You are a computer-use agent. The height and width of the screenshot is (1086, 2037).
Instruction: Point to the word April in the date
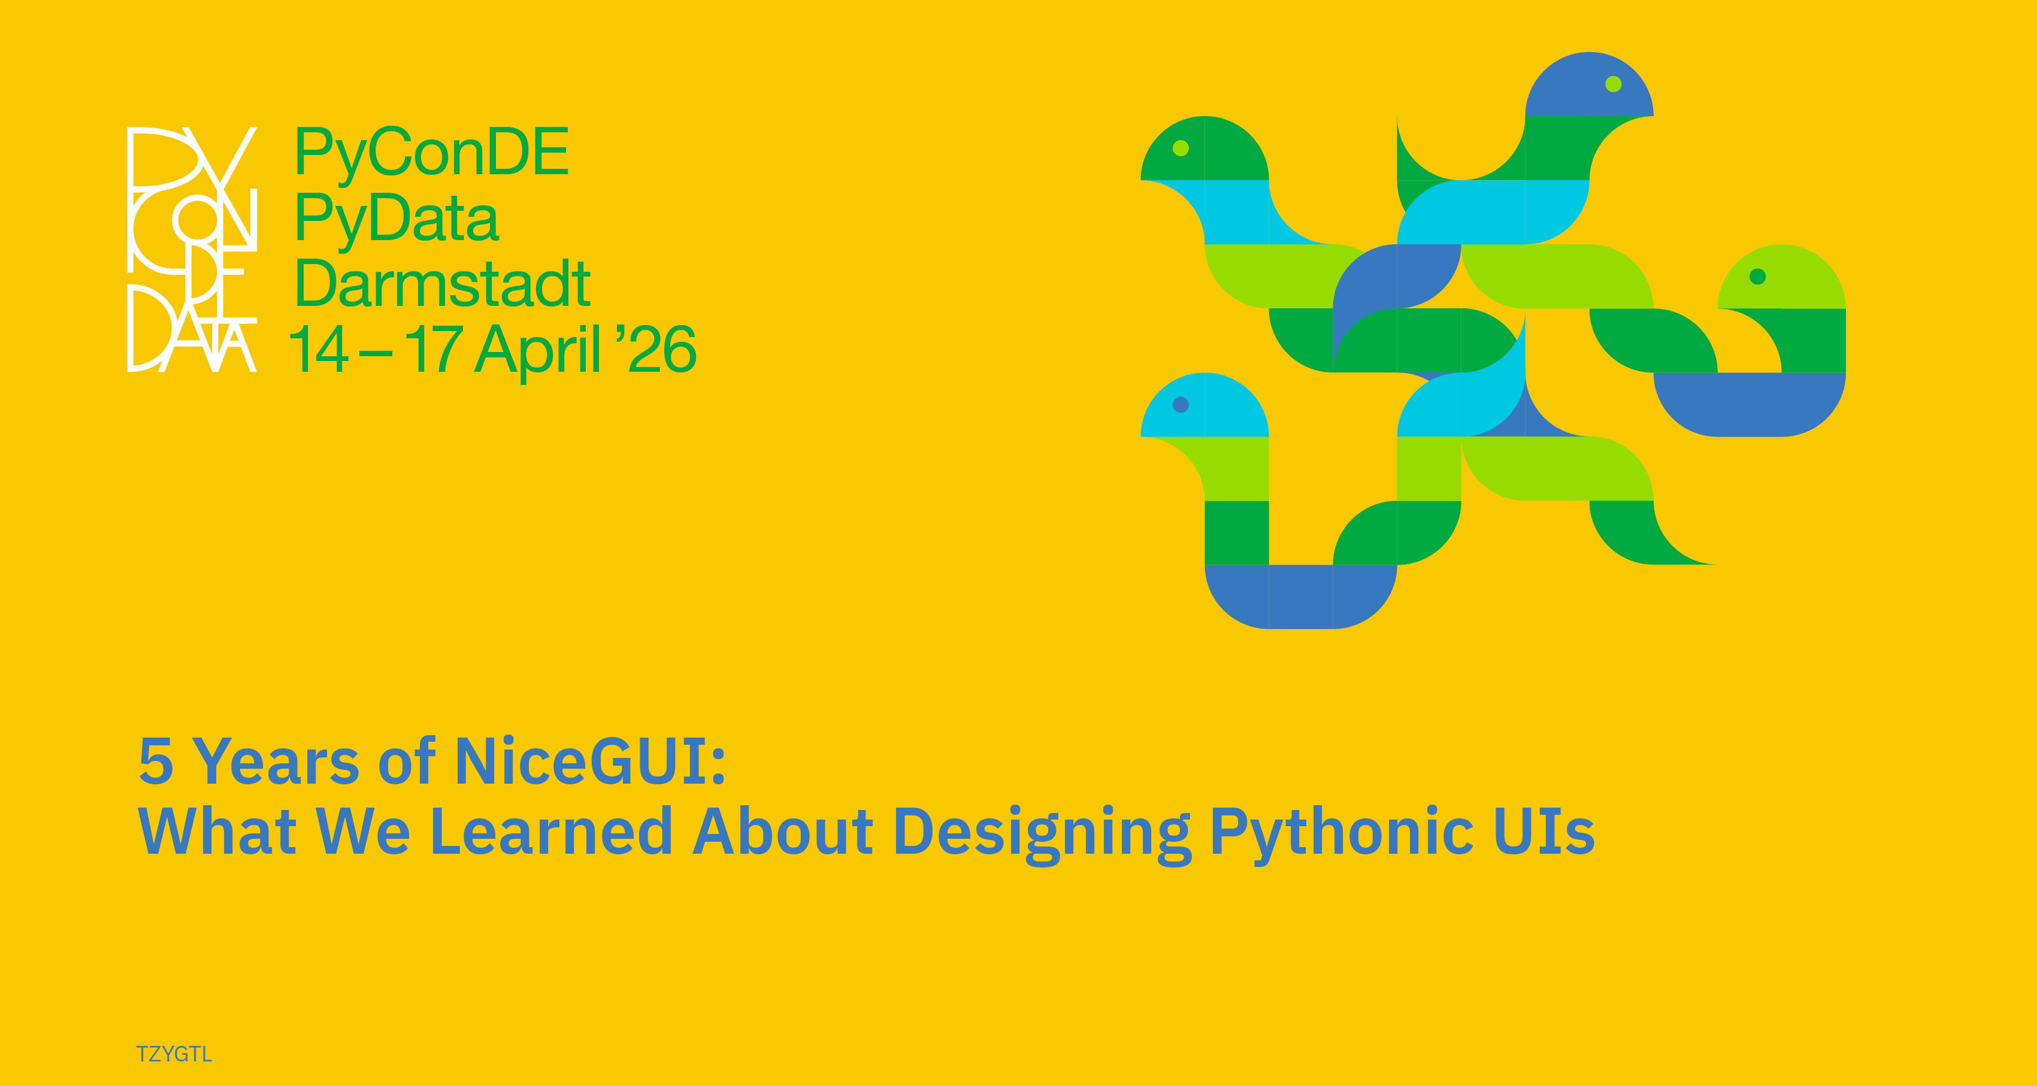(x=538, y=350)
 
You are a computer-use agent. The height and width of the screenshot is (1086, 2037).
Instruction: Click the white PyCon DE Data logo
(x=192, y=249)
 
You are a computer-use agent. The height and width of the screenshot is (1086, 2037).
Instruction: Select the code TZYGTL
(x=174, y=1054)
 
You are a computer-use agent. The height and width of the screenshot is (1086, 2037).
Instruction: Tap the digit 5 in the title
(x=156, y=761)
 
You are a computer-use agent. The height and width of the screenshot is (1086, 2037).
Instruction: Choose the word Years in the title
(x=276, y=761)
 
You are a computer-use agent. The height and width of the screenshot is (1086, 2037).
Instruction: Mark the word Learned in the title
(x=551, y=831)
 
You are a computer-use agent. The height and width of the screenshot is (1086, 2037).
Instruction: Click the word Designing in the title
(x=1042, y=835)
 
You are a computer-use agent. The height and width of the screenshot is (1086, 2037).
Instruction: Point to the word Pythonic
(x=1341, y=835)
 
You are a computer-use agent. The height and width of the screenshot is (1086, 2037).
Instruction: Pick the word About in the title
(x=783, y=831)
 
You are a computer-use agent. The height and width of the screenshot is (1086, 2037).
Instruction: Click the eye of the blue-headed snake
(x=1613, y=84)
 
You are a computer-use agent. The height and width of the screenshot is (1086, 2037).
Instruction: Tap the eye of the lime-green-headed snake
(x=1758, y=276)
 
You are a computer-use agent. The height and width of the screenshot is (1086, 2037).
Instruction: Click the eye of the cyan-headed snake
(x=1181, y=405)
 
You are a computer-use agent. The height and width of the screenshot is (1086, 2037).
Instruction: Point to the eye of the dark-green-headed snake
(x=1181, y=148)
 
